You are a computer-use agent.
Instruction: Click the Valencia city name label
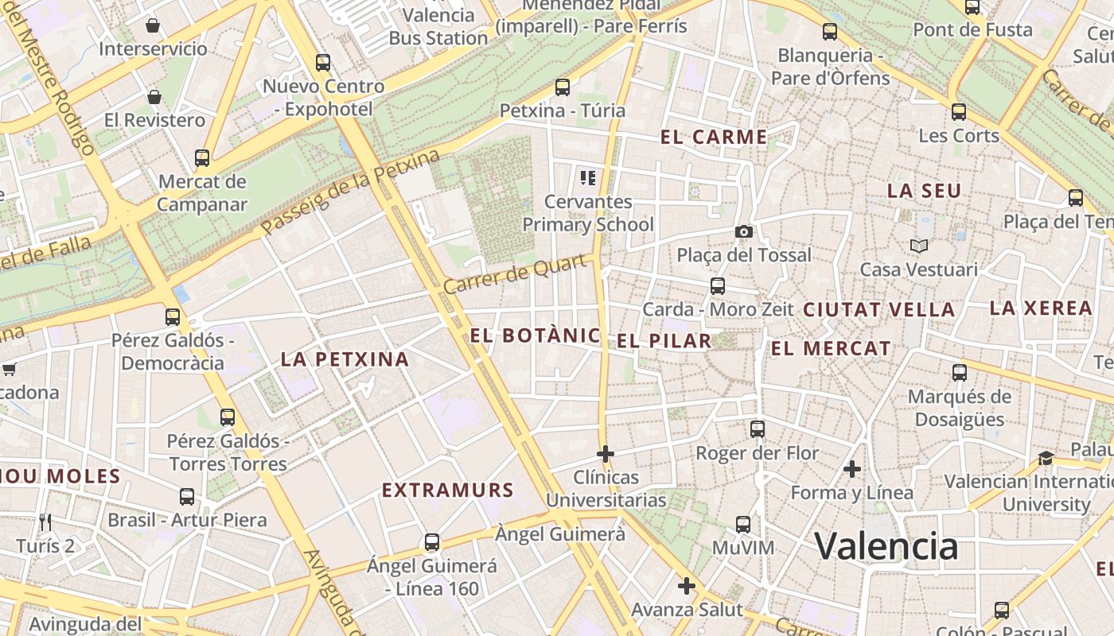[x=886, y=546]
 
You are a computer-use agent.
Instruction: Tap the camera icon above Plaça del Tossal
[x=744, y=231]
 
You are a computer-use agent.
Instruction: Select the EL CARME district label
[x=714, y=137]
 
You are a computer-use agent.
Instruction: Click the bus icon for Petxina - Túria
[x=563, y=87]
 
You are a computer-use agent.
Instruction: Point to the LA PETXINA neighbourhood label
[x=345, y=359]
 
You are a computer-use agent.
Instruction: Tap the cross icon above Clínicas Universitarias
[x=606, y=454]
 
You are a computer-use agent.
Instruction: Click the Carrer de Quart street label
[x=518, y=273]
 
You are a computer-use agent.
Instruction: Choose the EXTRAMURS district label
[x=448, y=490]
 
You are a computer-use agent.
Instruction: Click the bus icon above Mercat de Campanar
[x=202, y=157]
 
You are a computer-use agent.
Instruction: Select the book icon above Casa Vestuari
[x=919, y=246]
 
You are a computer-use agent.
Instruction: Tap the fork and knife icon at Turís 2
[x=45, y=522]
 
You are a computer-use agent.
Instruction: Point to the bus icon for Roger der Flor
[x=758, y=429]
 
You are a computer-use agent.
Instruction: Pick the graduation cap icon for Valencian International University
[x=1046, y=458]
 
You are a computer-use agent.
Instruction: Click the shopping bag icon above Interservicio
[x=153, y=25]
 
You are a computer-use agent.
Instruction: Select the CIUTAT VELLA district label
[x=879, y=310]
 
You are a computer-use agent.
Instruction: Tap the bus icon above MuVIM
[x=743, y=525]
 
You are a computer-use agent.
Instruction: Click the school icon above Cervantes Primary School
[x=588, y=177]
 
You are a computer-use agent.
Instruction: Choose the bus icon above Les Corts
[x=959, y=112]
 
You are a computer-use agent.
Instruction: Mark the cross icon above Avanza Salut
[x=687, y=587]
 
